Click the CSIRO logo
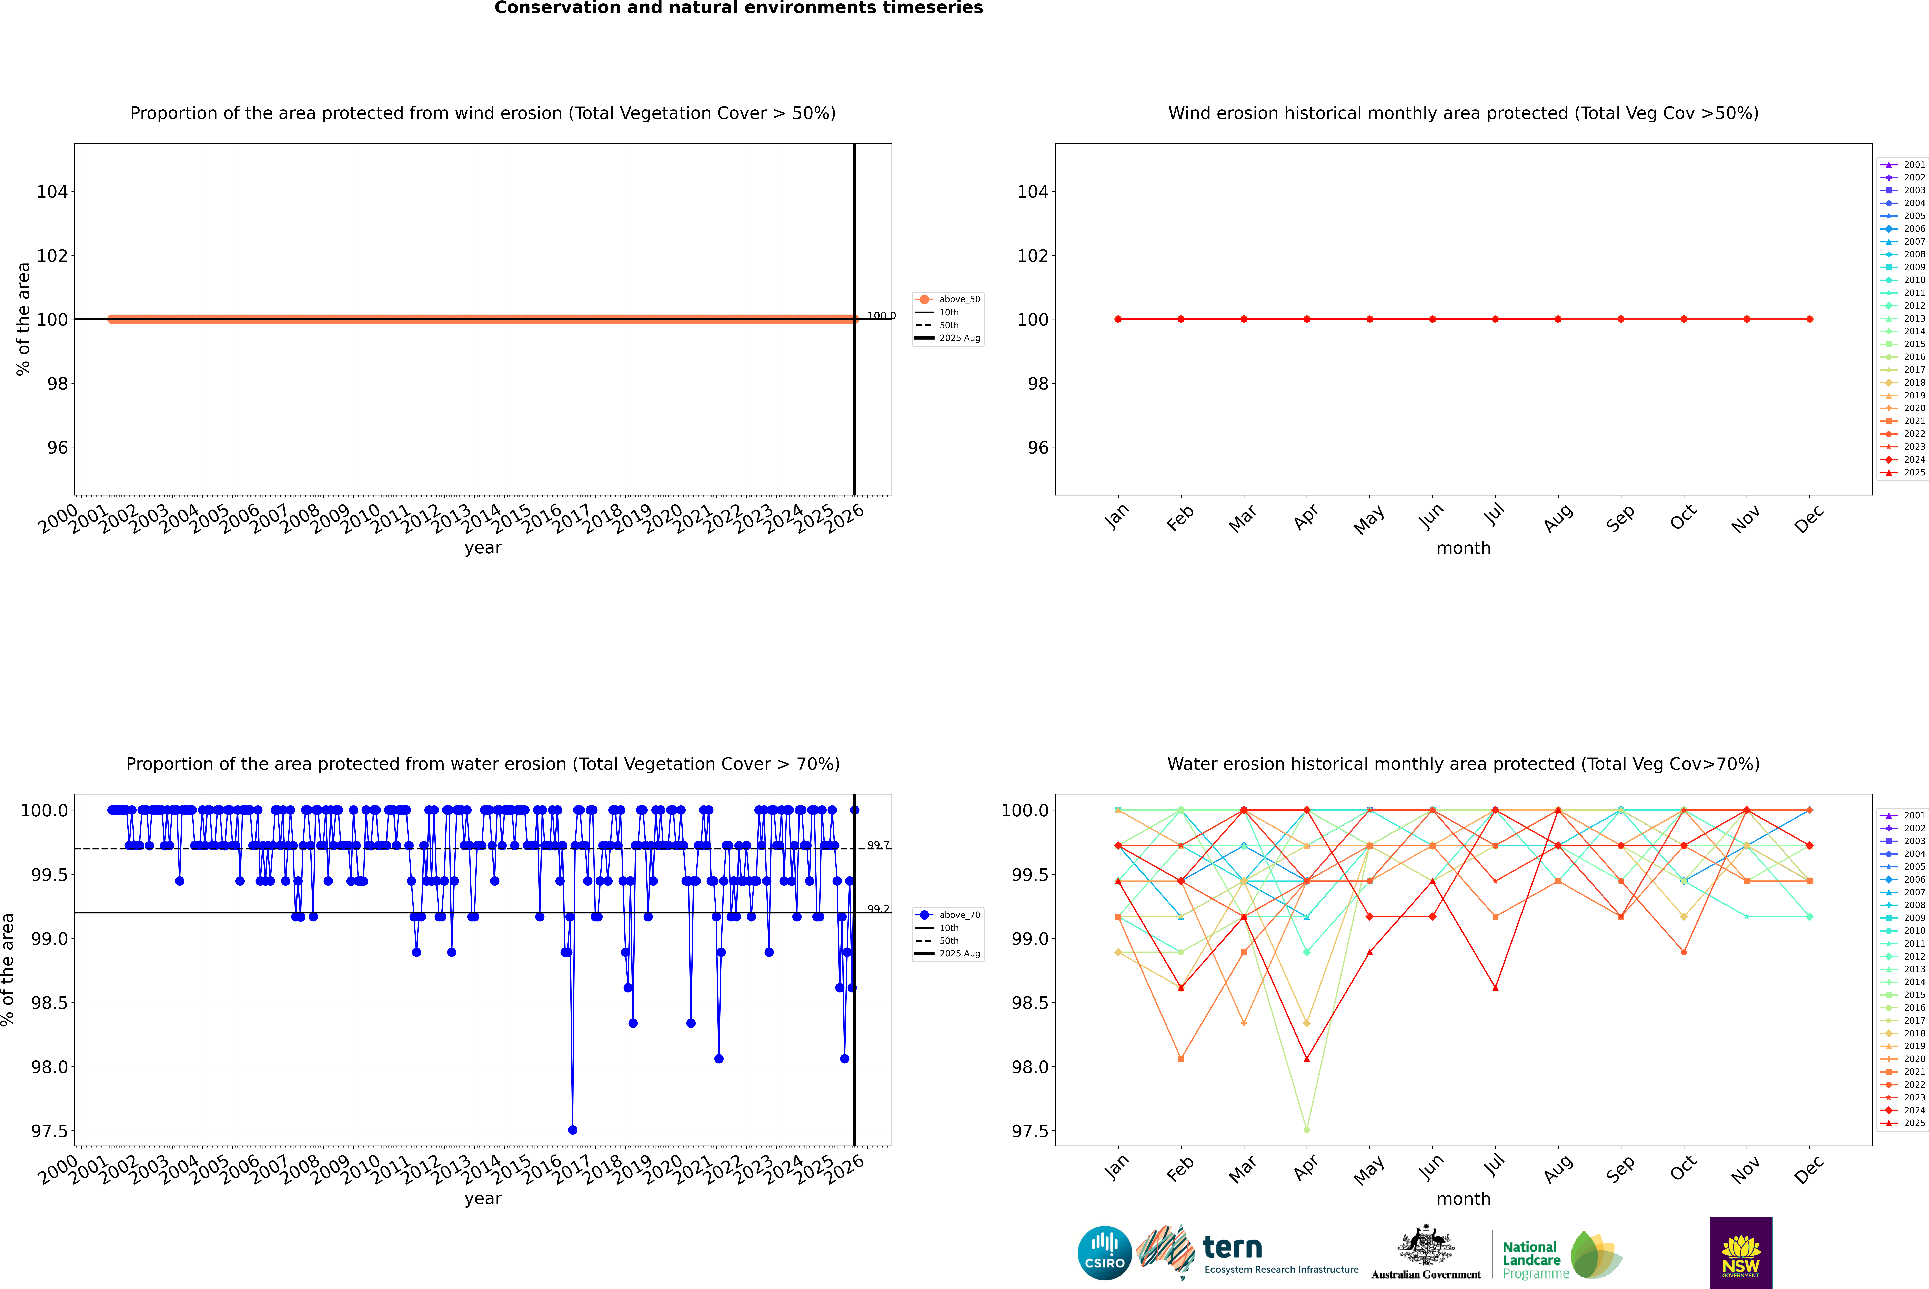tap(1104, 1253)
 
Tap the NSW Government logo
tap(1741, 1253)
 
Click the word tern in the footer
tap(1232, 1248)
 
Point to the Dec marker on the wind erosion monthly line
tap(1809, 319)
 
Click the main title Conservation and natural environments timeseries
tap(738, 8)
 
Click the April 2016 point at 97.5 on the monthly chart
tap(1307, 1129)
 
